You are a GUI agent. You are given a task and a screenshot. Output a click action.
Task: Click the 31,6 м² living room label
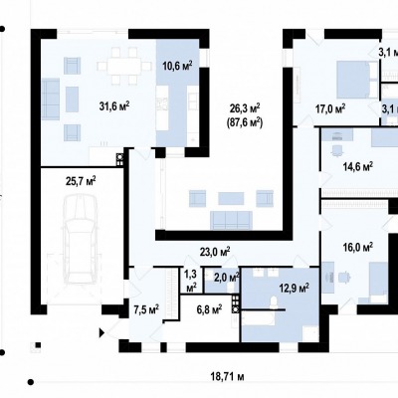pos(114,106)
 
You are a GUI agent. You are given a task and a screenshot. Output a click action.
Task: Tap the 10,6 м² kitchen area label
pos(178,67)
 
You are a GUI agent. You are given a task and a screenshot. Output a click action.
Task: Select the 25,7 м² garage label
pos(82,181)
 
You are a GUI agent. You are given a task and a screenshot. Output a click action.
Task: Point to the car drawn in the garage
pos(81,239)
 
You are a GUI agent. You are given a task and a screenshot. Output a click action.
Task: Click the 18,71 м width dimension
pos(228,376)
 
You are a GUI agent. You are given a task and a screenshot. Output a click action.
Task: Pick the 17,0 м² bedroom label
pos(330,108)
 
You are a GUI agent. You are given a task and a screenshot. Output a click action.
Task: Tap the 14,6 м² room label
pos(358,166)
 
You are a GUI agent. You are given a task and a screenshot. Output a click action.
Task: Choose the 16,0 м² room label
pos(358,248)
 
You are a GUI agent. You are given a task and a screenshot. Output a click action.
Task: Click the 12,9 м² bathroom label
pos(295,288)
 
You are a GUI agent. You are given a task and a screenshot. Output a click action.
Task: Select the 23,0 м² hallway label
pos(215,252)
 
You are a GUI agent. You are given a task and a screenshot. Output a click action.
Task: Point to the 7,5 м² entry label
pos(146,310)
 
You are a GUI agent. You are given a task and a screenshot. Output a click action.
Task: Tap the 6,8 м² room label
pos(209,310)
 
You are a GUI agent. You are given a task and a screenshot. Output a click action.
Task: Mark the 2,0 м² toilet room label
pos(227,278)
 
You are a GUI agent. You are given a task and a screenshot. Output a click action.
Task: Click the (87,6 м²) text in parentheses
pos(245,122)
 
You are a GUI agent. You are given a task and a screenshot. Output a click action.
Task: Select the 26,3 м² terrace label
pos(245,108)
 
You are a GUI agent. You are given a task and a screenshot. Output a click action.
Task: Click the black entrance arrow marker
pos(102,332)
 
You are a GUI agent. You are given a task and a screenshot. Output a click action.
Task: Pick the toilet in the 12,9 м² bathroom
pos(274,303)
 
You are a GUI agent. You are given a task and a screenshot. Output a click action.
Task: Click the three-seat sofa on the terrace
pos(231,220)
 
